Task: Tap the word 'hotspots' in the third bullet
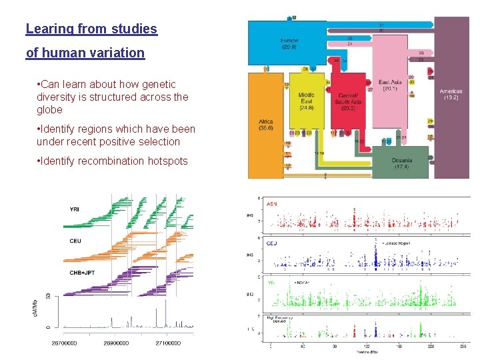(x=166, y=161)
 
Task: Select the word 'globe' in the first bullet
(x=50, y=109)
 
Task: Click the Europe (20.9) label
(x=289, y=43)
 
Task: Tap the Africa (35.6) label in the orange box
(x=265, y=125)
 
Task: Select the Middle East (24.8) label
(x=306, y=100)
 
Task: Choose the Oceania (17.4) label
(x=401, y=163)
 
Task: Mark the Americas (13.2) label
(x=451, y=94)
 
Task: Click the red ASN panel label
(x=273, y=203)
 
